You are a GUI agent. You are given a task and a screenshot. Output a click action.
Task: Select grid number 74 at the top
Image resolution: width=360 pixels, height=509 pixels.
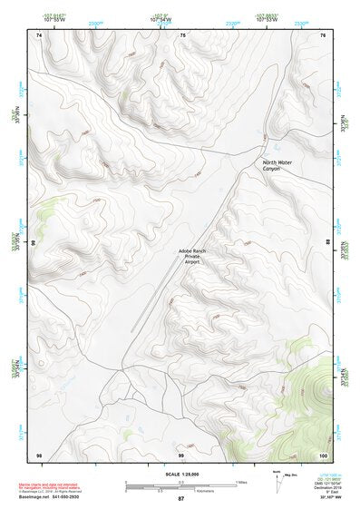tap(39, 34)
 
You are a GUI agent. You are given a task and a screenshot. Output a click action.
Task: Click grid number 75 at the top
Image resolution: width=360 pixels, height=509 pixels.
tap(182, 34)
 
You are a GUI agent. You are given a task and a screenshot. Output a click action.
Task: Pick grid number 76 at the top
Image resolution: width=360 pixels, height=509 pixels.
tap(323, 34)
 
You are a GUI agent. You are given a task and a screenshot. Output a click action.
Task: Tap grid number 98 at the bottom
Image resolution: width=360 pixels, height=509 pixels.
tap(39, 454)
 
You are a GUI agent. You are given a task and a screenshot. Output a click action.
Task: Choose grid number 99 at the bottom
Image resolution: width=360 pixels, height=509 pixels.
tap(180, 454)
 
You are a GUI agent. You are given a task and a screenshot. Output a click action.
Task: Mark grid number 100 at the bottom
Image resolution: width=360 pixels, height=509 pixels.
tap(323, 454)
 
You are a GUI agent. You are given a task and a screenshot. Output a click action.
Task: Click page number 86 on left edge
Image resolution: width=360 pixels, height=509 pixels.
tap(34, 243)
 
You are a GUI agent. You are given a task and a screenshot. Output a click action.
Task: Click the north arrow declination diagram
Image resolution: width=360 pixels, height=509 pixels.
tap(277, 482)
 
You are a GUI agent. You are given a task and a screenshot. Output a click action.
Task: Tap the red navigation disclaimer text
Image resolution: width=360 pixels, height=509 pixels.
tap(50, 485)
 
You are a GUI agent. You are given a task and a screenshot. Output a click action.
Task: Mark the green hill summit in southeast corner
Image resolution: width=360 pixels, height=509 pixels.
tap(319, 391)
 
